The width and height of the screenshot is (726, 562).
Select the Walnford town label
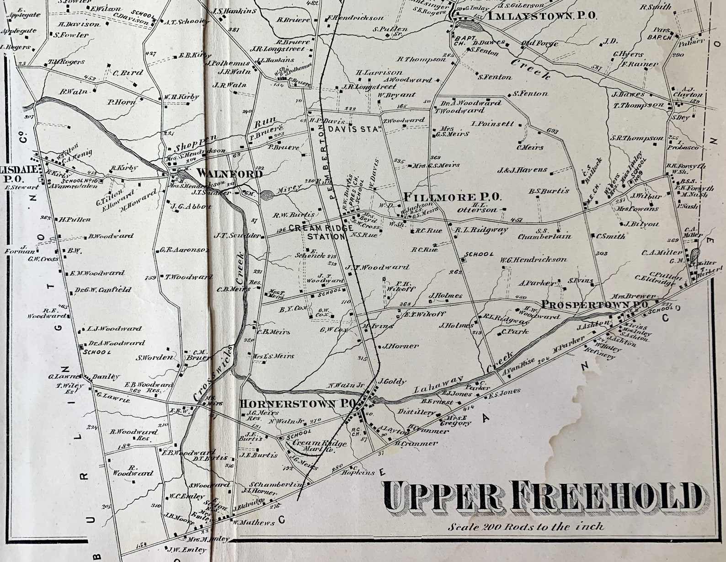coord(230,174)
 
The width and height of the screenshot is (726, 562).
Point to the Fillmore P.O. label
coord(452,197)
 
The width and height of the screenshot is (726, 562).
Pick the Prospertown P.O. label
coord(595,305)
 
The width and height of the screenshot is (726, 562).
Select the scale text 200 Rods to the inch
coord(526,527)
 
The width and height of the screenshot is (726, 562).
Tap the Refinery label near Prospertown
coord(606,355)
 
